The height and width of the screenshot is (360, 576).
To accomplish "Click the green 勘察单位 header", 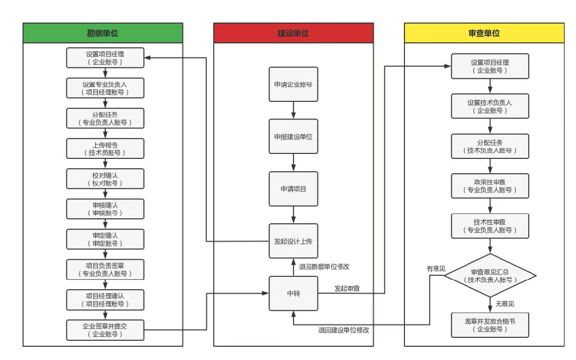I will pyautogui.click(x=103, y=33).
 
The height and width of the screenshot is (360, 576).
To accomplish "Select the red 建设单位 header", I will pyautogui.click(x=293, y=33).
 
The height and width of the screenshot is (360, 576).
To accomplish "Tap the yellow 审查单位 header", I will pyautogui.click(x=484, y=33).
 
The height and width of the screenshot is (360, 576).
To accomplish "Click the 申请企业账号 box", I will pyautogui.click(x=293, y=84).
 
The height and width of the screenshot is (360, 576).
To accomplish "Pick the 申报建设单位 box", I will pyautogui.click(x=293, y=136).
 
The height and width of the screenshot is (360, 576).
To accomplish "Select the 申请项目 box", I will pyautogui.click(x=293, y=189).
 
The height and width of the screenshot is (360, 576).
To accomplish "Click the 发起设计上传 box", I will pyautogui.click(x=293, y=241).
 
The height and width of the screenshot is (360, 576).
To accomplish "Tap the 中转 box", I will pyautogui.click(x=293, y=294).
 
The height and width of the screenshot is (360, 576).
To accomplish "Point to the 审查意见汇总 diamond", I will pyautogui.click(x=490, y=275).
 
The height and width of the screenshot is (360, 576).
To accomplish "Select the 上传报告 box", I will pyautogui.click(x=106, y=149).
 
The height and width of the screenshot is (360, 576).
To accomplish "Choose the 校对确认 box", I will pyautogui.click(x=106, y=179).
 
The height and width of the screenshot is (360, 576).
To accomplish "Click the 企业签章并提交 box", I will pyautogui.click(x=106, y=330).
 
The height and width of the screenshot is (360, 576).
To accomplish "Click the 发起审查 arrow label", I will pyautogui.click(x=347, y=288).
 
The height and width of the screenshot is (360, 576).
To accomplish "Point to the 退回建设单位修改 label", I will pyautogui.click(x=344, y=330).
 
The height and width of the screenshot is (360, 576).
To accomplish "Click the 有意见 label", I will pyautogui.click(x=436, y=269).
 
